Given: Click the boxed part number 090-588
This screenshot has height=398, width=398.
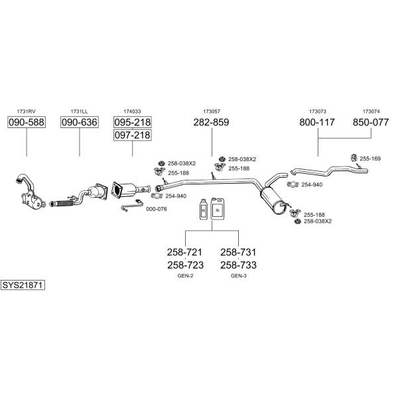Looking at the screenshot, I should click(26, 123).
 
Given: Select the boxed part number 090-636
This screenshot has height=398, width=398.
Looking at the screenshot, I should click(80, 123).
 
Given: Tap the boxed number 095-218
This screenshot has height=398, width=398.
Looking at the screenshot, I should click(132, 123).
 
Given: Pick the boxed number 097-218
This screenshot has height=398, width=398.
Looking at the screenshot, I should click(132, 135).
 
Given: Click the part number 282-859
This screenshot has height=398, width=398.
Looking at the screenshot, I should click(211, 123).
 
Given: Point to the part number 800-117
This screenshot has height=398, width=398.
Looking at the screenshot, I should click(317, 123).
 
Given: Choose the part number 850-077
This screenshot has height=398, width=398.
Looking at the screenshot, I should click(371, 123).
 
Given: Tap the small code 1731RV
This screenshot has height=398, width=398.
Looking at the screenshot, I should click(26, 111).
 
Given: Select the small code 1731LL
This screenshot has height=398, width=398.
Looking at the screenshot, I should click(80, 111).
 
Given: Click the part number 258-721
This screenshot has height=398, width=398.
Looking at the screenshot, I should click(185, 253).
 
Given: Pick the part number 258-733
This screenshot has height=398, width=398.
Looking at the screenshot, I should click(238, 265).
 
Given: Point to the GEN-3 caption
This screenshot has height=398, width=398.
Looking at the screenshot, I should click(238, 275).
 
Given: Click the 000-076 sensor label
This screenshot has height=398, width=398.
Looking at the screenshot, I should click(156, 209).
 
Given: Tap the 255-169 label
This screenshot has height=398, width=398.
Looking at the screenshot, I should click(370, 159).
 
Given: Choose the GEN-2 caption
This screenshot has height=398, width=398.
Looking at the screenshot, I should click(185, 275).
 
